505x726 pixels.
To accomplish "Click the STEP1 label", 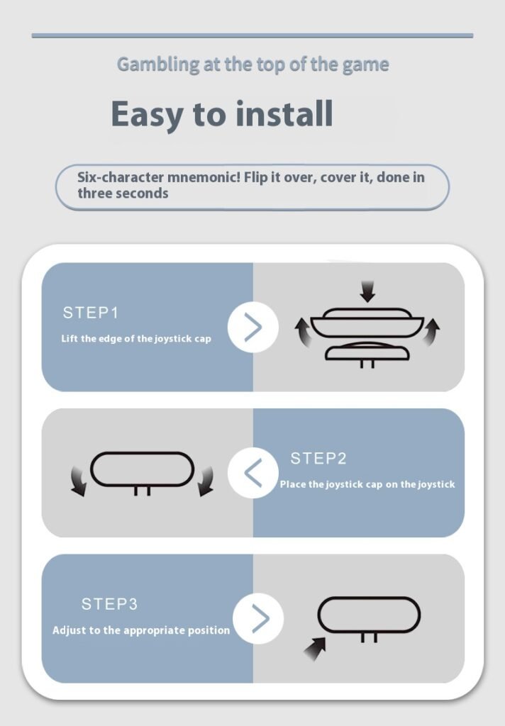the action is tap(91, 313).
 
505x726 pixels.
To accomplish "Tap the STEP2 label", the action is tap(318, 459).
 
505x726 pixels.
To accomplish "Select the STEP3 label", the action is tap(109, 604).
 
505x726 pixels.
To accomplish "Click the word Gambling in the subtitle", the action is tap(158, 65).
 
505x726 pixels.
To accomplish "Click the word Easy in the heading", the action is tap(147, 116).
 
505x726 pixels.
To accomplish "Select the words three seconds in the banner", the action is tap(123, 194).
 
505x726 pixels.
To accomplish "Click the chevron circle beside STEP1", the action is tap(253, 327).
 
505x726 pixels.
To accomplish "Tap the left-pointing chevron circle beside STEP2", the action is tap(253, 473).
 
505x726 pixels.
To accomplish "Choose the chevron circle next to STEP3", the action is tap(258, 618).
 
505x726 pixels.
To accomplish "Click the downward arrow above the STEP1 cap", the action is tap(368, 291).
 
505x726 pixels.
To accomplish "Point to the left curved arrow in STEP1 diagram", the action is tap(304, 333).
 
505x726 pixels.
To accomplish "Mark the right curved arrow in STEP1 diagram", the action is tap(431, 332).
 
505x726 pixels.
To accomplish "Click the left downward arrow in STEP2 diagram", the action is tap(78, 481).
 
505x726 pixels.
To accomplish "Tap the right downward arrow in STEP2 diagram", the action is tap(206, 481).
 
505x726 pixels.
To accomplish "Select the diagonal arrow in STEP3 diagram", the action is tap(315, 648).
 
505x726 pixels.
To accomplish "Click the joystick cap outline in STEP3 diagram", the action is tap(369, 598).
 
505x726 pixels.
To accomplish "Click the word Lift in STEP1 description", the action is tap(70, 338).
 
